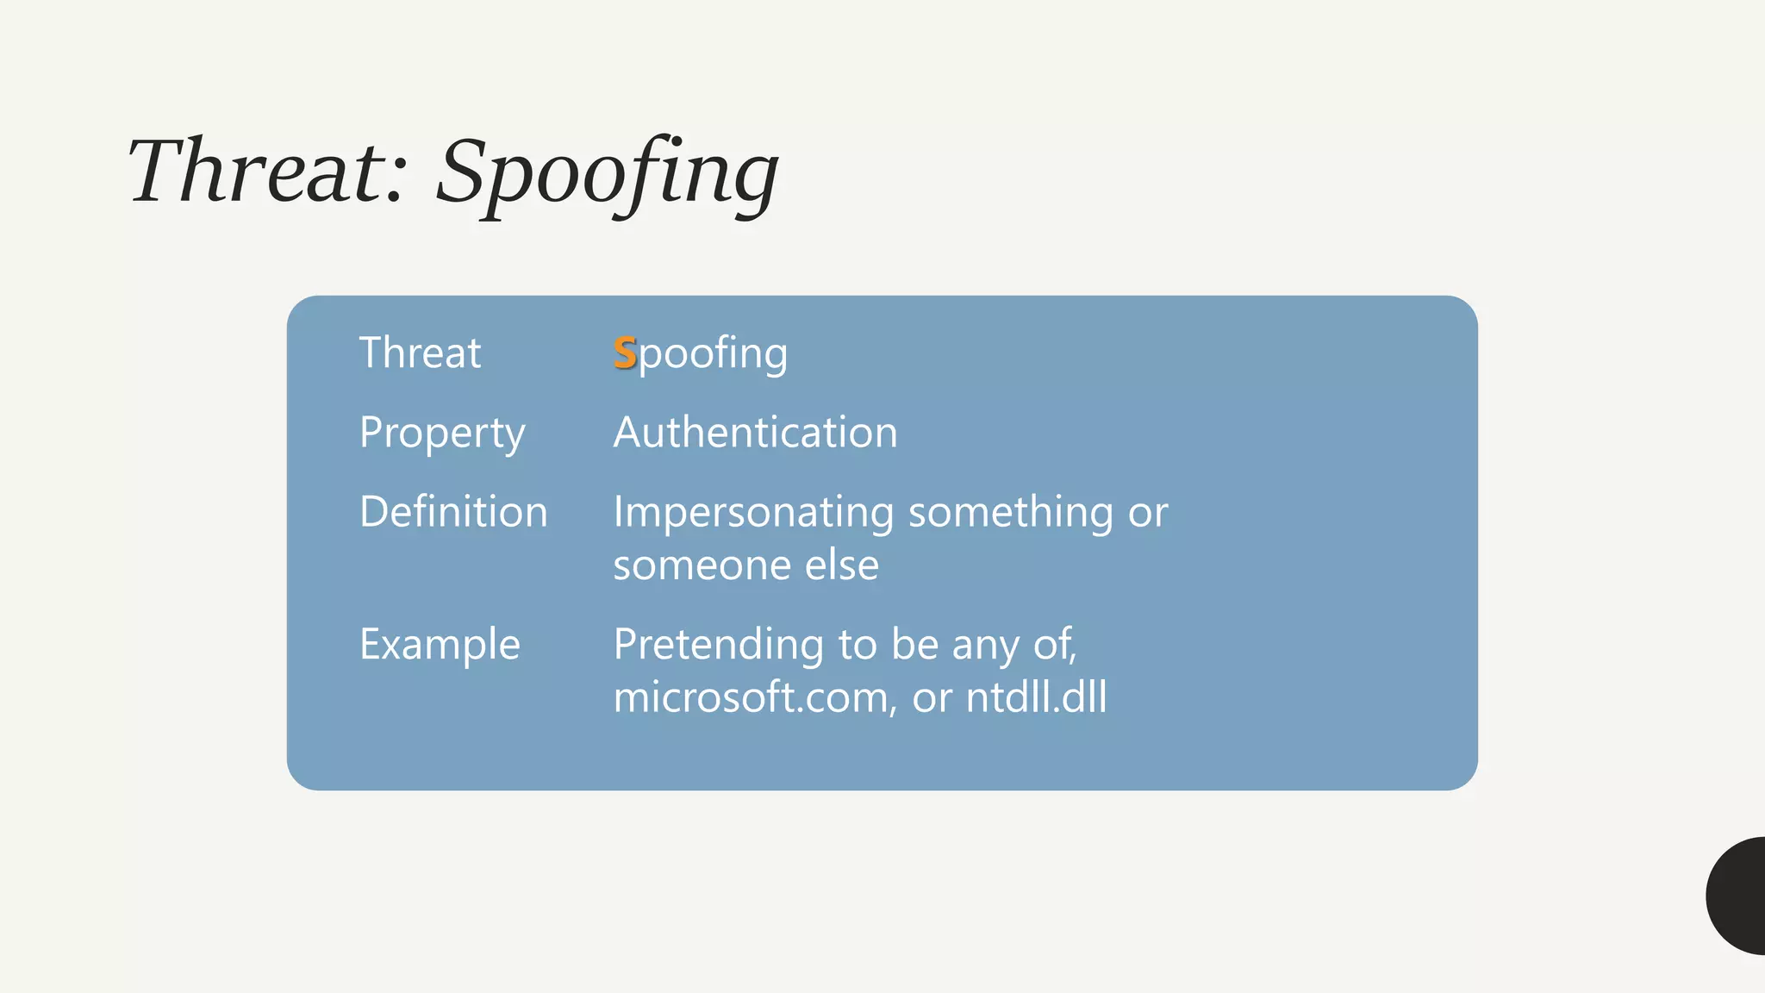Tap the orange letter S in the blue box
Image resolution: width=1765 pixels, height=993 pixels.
coord(625,353)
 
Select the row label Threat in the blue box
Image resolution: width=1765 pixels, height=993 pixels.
coord(420,353)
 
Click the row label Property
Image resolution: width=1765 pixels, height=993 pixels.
coord(442,434)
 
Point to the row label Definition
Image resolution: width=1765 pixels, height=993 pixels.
coord(453,512)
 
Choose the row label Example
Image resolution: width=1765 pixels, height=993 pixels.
coord(440,645)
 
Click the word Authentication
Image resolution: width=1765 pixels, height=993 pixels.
coord(755,432)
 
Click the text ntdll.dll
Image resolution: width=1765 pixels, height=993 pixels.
coord(1036,696)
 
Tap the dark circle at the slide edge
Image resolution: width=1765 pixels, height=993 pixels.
coord(1738,896)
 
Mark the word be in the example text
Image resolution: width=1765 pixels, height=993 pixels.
coord(914,645)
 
